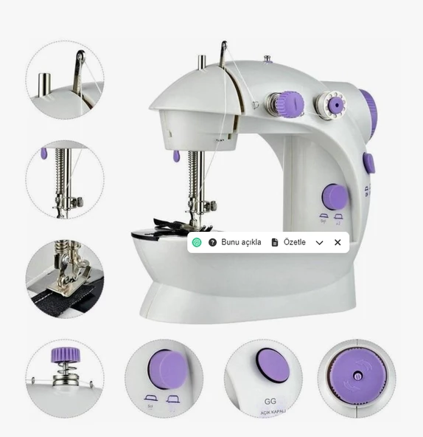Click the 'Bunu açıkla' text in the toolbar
click(x=241, y=242)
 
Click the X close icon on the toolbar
click(x=338, y=242)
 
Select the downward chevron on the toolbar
click(x=319, y=242)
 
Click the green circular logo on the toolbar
click(x=197, y=242)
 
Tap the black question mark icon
click(x=212, y=242)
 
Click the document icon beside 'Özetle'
click(x=275, y=242)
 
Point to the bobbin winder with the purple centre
click(x=334, y=106)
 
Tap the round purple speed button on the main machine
click(x=335, y=197)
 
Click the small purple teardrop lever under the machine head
click(x=177, y=156)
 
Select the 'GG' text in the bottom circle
click(x=270, y=402)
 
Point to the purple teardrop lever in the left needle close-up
click(x=44, y=154)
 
